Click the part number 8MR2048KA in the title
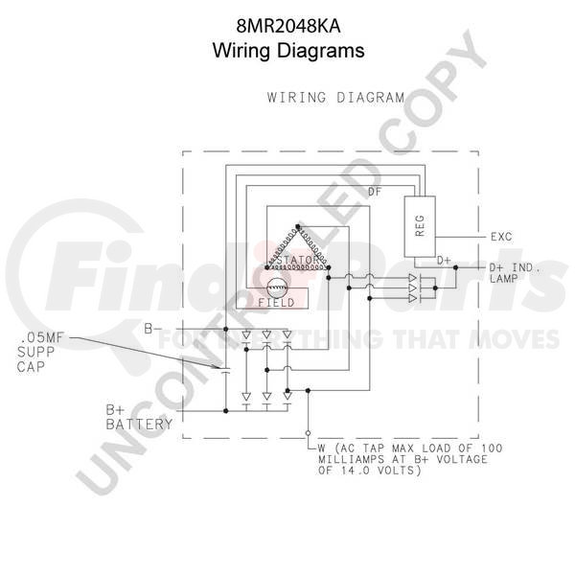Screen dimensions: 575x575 pos(288,27)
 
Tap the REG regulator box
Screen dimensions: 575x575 pos(420,226)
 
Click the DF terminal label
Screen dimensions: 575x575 pos(375,192)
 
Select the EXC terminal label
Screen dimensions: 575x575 pos(501,237)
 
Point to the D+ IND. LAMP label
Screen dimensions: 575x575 pos(515,273)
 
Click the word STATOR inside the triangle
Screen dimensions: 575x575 pos(298,260)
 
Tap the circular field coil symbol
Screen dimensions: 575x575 pos(277,287)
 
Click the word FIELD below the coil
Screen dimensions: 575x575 pos(277,303)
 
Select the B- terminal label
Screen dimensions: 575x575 pos(151,329)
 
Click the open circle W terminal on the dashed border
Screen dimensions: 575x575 pos(308,433)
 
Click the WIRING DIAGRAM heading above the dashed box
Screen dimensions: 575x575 pos(335,98)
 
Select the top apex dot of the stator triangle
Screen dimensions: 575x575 pos(298,227)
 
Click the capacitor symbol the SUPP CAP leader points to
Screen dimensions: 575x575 pos(226,370)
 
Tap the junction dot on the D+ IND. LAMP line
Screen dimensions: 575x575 pos(455,267)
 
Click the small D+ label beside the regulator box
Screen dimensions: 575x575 pos(444,261)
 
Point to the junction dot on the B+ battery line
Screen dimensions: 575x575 pos(226,411)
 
